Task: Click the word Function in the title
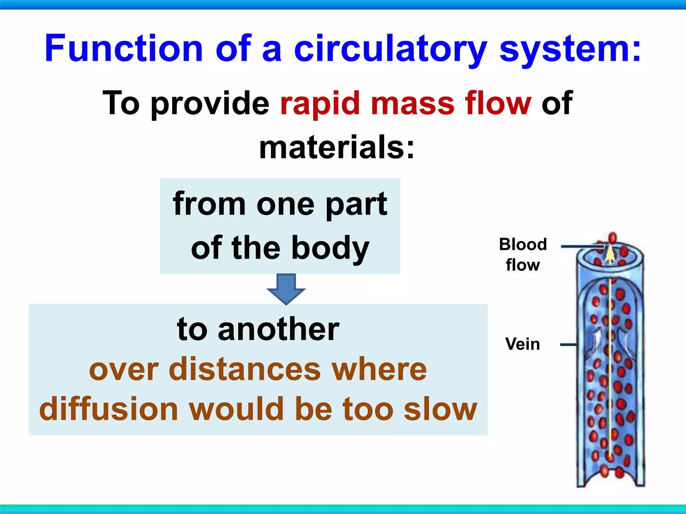click(124, 49)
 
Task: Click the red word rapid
click(320, 104)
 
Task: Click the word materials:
click(337, 147)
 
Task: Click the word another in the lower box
click(279, 330)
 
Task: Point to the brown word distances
click(245, 369)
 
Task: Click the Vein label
click(523, 344)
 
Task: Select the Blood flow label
click(523, 254)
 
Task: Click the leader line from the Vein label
click(568, 344)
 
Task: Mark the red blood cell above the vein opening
click(612, 238)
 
